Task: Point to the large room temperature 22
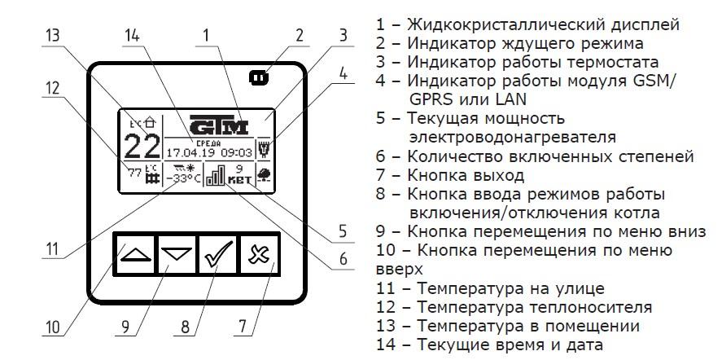click(x=142, y=147)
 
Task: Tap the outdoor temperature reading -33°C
click(x=182, y=178)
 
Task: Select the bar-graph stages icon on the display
click(x=215, y=176)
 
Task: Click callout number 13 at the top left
click(x=53, y=36)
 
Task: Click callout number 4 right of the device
click(x=343, y=72)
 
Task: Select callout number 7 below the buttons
click(x=242, y=327)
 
